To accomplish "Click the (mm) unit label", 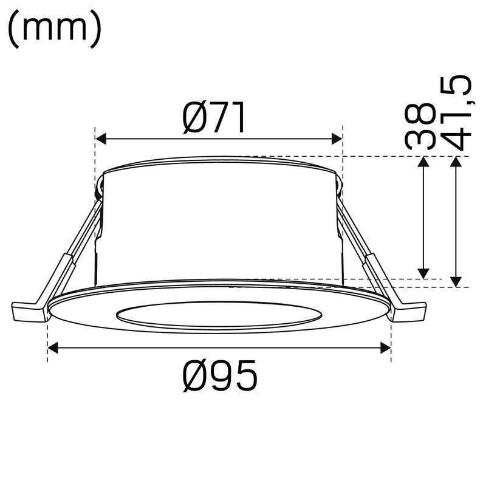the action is pyautogui.click(x=55, y=29).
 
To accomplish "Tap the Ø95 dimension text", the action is pyautogui.click(x=220, y=375).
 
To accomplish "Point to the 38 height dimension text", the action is pyautogui.click(x=420, y=126).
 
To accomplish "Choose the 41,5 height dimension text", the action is pyautogui.click(x=456, y=112).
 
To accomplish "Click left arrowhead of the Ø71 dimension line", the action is pyautogui.click(x=101, y=139).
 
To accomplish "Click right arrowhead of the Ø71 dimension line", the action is pyautogui.click(x=337, y=139).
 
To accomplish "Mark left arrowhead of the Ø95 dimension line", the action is pyautogui.click(x=53, y=347).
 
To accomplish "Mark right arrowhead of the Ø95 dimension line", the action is pyautogui.click(x=386, y=347).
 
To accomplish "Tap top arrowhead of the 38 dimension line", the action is pyautogui.click(x=423, y=162).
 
